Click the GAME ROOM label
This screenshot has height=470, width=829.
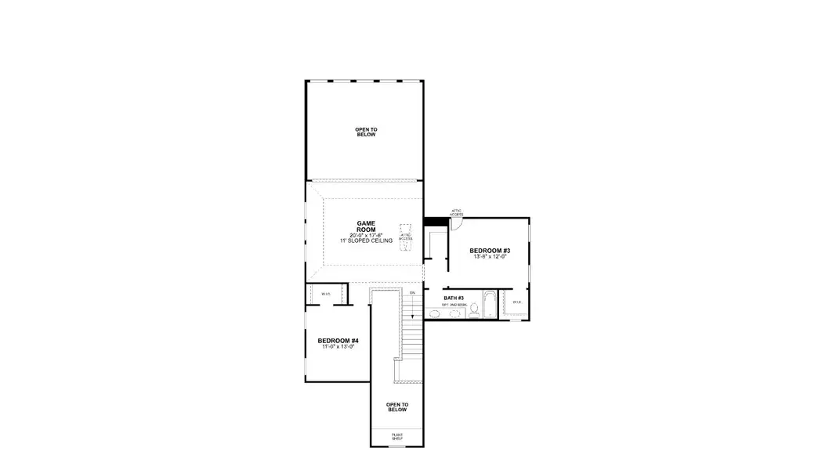[366, 226]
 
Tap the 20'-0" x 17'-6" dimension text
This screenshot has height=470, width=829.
[366, 235]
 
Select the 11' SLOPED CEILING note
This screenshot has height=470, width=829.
[366, 241]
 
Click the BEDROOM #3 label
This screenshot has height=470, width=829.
[489, 251]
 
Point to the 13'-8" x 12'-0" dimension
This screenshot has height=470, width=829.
[489, 257]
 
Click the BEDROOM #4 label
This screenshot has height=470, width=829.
[338, 341]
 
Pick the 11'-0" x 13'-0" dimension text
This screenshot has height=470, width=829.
[338, 347]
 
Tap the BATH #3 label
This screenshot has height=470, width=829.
[454, 298]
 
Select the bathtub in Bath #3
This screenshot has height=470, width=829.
[489, 305]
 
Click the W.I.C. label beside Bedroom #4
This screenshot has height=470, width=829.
[326, 294]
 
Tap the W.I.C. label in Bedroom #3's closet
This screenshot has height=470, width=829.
[517, 302]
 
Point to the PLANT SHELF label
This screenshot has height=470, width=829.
[397, 436]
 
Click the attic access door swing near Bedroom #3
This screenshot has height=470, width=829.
[457, 224]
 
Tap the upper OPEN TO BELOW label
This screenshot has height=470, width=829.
[366, 132]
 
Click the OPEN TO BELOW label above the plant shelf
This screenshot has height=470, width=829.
[397, 407]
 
